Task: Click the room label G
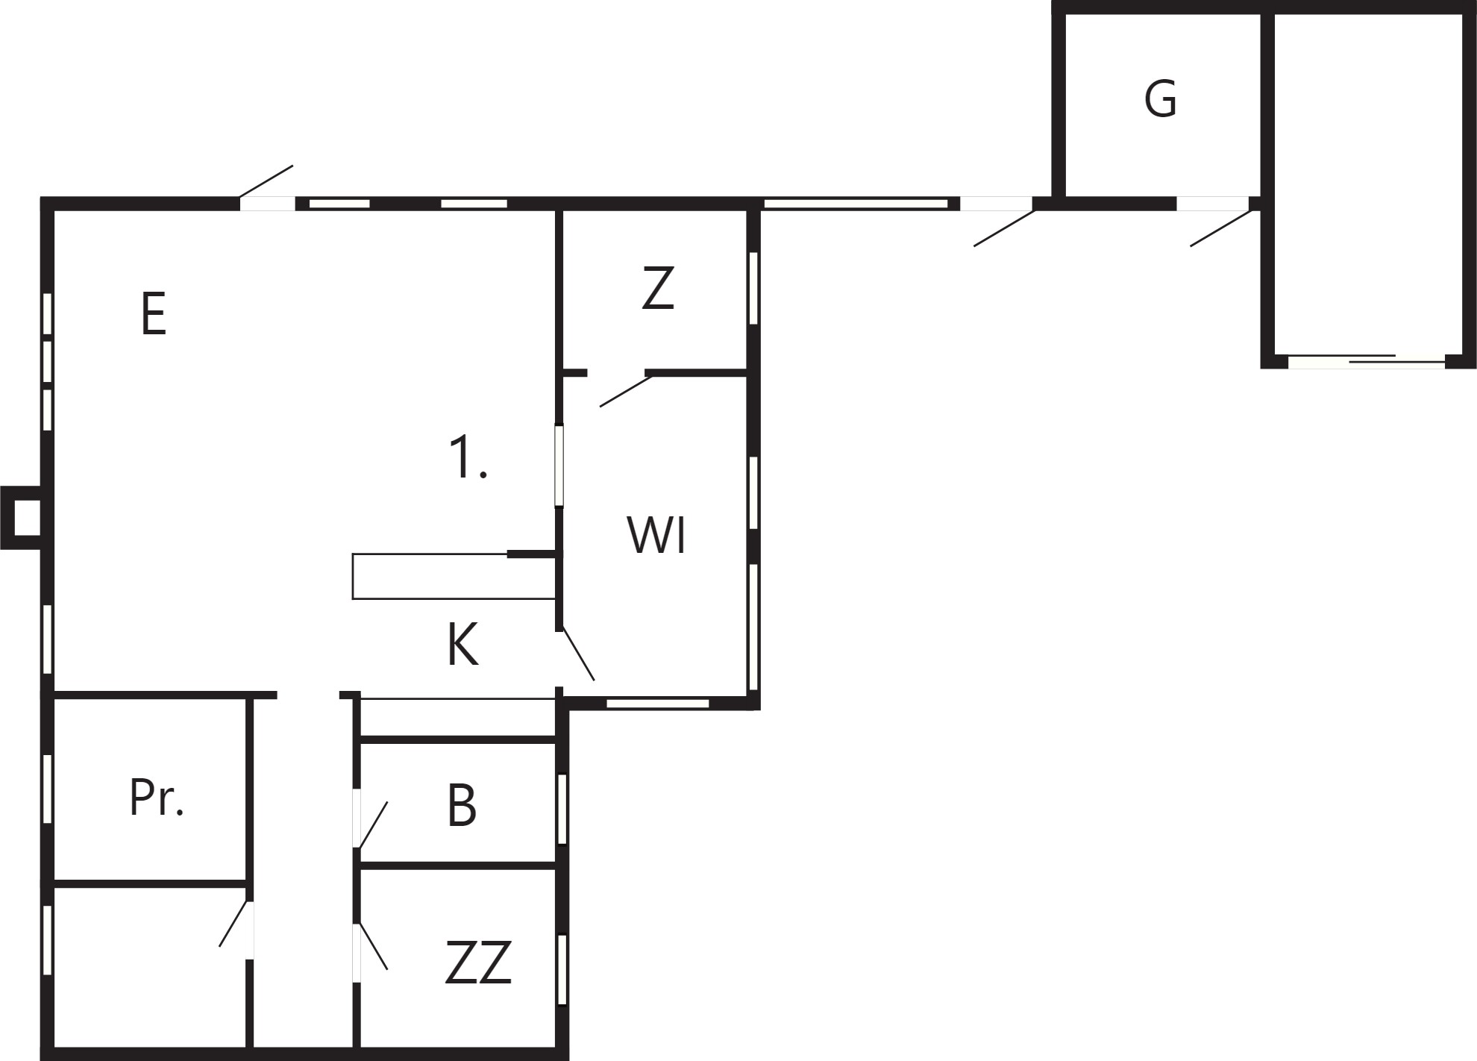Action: click(1160, 99)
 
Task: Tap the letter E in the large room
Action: click(153, 314)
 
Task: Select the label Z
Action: click(658, 288)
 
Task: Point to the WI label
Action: click(656, 534)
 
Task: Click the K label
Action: click(462, 645)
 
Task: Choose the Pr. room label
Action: click(157, 797)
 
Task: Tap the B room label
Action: click(462, 806)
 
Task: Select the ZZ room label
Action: click(478, 963)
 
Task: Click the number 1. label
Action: click(468, 457)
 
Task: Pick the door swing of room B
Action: click(373, 824)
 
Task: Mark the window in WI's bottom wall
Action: click(657, 703)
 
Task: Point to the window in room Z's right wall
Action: click(753, 288)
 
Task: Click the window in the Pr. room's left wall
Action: click(47, 789)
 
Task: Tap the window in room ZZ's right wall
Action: click(562, 969)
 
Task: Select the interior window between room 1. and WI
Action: click(559, 466)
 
